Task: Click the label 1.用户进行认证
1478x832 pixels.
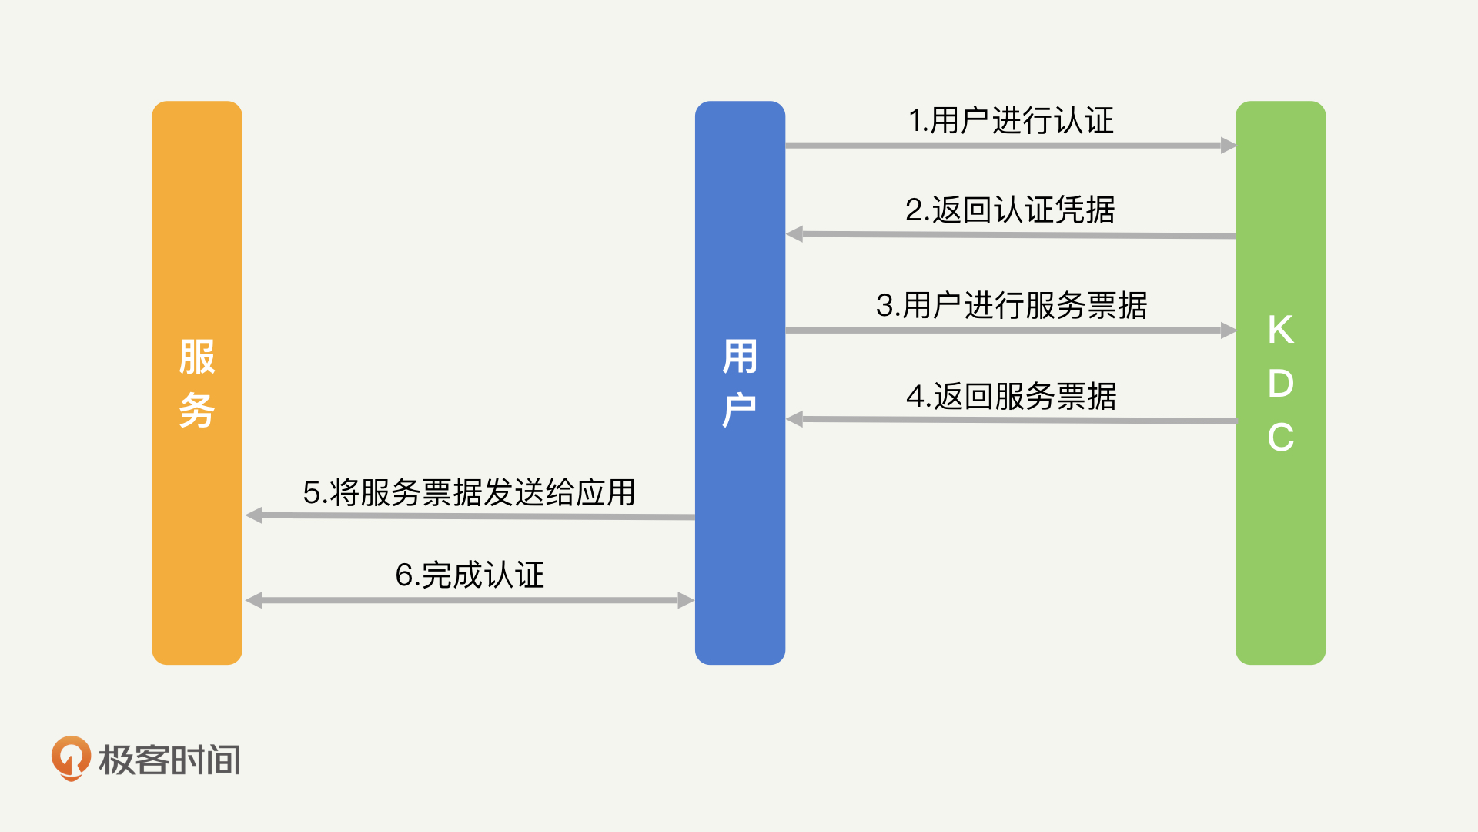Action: click(1011, 121)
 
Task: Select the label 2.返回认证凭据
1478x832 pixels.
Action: click(1010, 210)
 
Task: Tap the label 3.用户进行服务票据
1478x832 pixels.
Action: click(1011, 305)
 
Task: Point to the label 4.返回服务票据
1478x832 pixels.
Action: click(1011, 397)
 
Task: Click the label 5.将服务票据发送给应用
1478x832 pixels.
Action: click(469, 493)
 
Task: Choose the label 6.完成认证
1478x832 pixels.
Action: click(470, 575)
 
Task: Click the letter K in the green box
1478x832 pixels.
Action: click(1280, 330)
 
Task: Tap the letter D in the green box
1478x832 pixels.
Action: click(1280, 384)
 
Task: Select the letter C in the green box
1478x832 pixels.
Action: click(1280, 438)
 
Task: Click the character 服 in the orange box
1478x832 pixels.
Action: click(197, 357)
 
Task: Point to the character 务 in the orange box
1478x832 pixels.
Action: click(197, 410)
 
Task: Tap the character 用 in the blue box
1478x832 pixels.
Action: click(740, 357)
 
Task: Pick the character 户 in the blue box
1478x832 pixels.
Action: click(740, 410)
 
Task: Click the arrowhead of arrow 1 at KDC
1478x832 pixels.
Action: click(1228, 145)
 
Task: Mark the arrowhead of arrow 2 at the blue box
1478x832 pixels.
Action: click(794, 234)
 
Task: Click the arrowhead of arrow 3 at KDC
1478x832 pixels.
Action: click(1228, 330)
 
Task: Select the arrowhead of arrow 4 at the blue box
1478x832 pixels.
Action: click(794, 419)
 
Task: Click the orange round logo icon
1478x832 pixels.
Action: click(71, 758)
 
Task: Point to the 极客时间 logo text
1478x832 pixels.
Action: click(169, 760)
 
